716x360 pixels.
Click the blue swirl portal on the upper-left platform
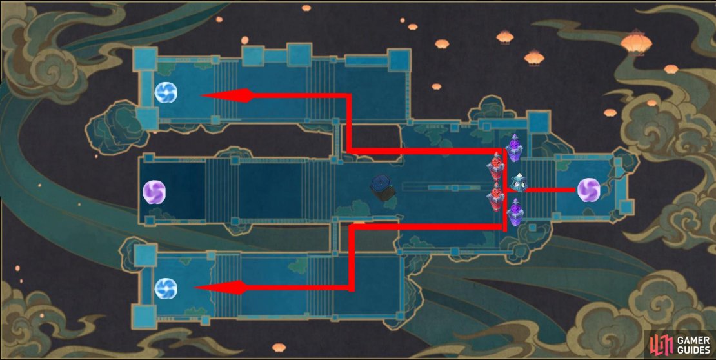[x=166, y=92]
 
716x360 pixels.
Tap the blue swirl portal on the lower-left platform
[x=166, y=289]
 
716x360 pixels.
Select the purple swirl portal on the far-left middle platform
[x=154, y=192]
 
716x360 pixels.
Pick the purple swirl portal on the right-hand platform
[x=588, y=190]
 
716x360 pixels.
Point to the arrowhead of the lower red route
[x=221, y=287]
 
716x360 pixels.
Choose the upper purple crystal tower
[x=515, y=148]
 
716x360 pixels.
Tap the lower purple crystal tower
[x=515, y=212]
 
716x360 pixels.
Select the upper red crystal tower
[x=495, y=166]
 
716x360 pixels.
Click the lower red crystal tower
[x=496, y=197]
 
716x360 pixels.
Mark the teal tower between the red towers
[x=519, y=183]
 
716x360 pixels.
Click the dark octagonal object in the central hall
[x=383, y=187]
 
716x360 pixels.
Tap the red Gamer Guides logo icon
[x=661, y=345]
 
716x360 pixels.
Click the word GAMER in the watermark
[x=693, y=341]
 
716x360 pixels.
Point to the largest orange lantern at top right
[x=637, y=43]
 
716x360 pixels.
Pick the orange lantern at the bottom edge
[x=279, y=348]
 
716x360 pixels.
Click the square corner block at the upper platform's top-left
[x=145, y=59]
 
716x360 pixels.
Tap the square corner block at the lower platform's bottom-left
[x=144, y=317]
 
